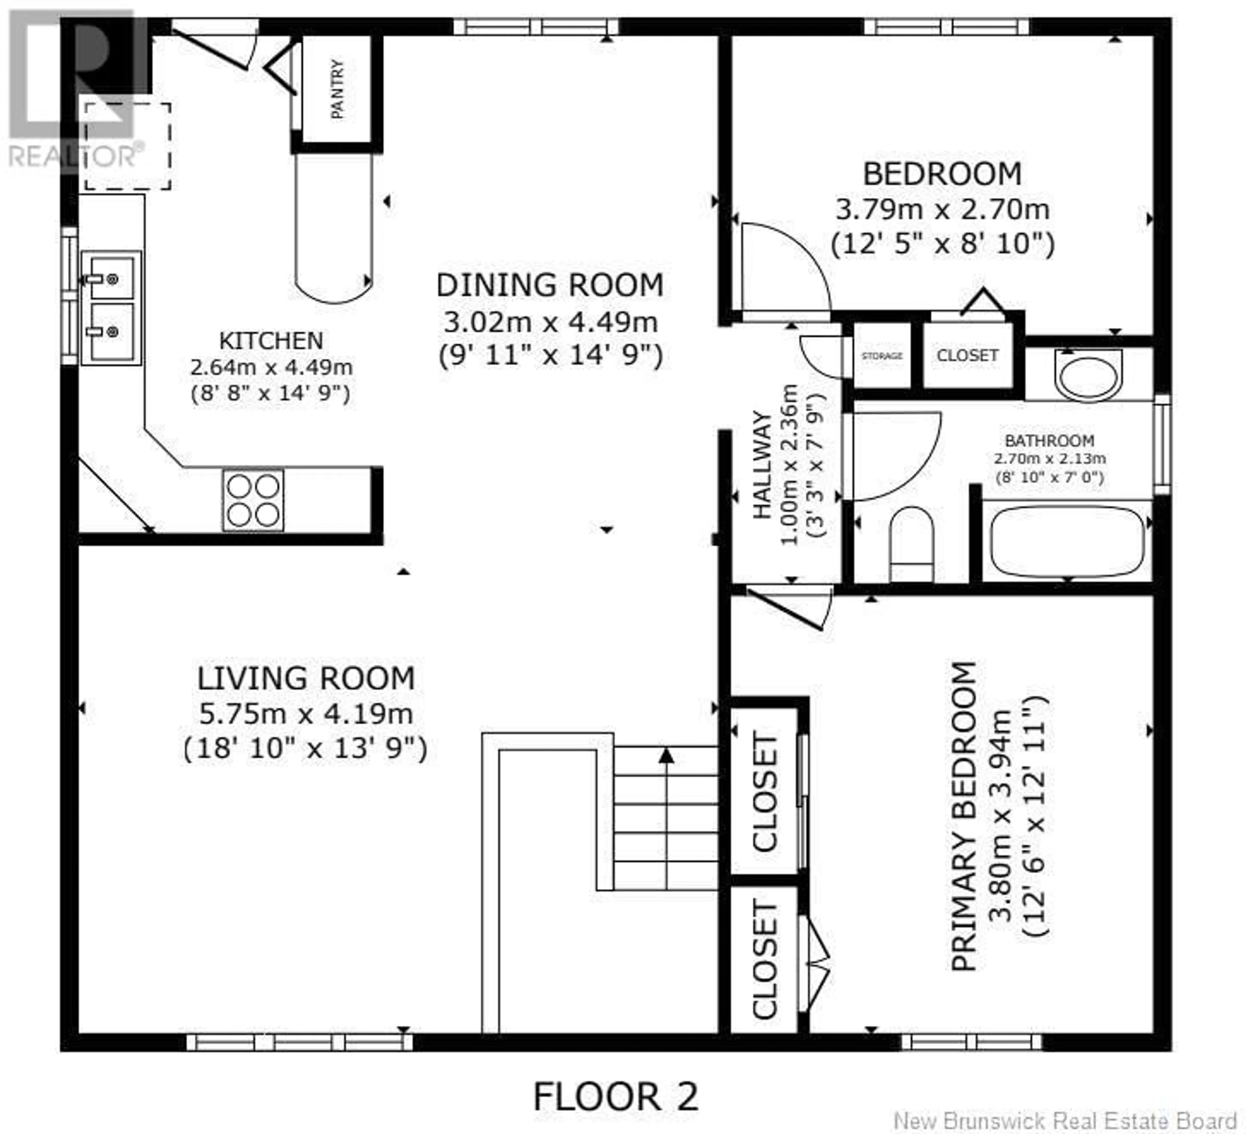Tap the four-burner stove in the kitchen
click(x=253, y=500)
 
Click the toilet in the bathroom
click(x=912, y=543)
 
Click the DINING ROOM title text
click(x=549, y=285)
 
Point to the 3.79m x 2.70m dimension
click(x=943, y=209)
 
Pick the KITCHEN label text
click(x=271, y=340)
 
